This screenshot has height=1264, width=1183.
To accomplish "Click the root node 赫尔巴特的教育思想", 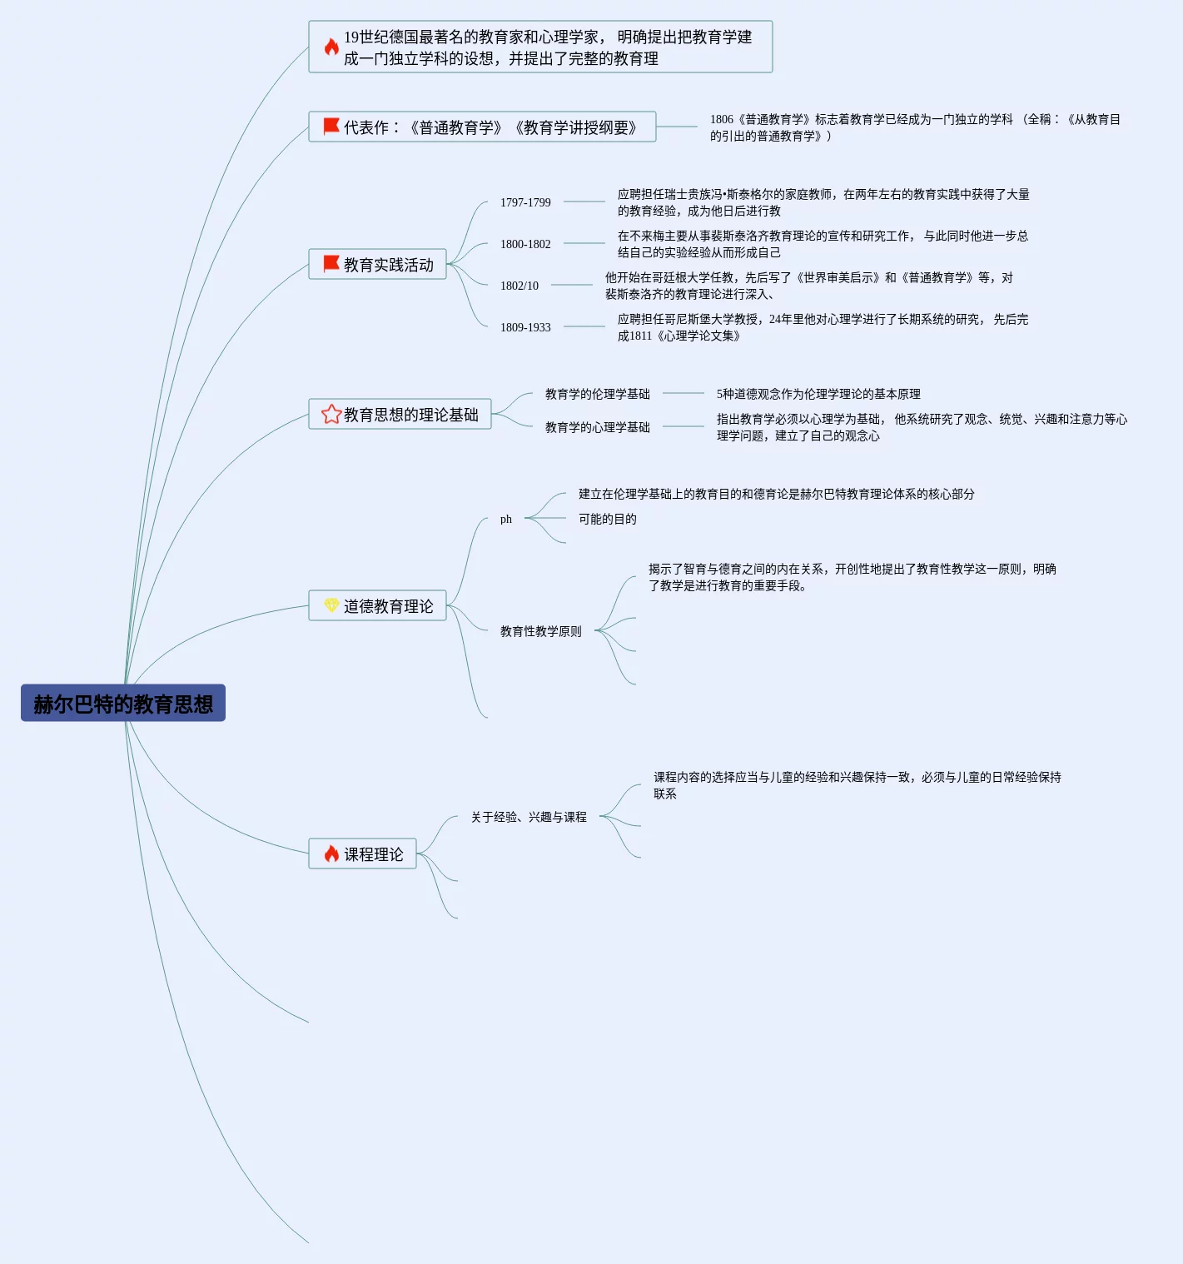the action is click(123, 704).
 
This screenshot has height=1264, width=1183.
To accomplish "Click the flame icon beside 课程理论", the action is click(331, 853).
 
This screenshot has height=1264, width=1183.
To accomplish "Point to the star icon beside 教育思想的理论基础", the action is click(331, 414).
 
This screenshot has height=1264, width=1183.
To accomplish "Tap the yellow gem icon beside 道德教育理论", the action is click(331, 605).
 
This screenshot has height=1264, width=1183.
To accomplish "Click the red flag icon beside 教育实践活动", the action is click(331, 264).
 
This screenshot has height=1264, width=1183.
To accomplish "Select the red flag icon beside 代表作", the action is click(331, 127).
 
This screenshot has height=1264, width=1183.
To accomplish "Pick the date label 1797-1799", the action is click(525, 202).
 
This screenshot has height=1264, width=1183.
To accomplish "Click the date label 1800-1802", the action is click(525, 244).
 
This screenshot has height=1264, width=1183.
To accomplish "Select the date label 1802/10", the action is click(519, 286).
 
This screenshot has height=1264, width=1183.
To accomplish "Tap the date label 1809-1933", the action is click(525, 327).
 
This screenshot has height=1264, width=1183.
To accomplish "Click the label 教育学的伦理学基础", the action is click(597, 394).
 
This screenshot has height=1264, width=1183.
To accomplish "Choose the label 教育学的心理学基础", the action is click(597, 427).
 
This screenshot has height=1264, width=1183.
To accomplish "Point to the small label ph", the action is click(506, 519).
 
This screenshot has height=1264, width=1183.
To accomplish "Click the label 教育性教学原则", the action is click(540, 631).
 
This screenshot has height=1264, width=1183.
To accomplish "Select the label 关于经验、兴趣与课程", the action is click(529, 817).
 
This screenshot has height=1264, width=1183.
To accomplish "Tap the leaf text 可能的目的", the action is click(607, 519).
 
